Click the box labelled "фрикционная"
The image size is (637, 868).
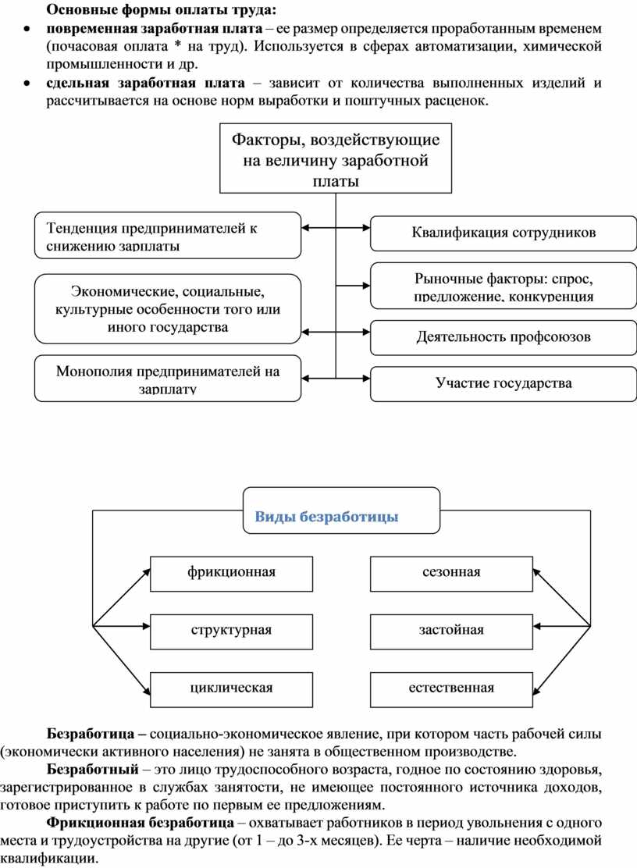click(x=231, y=573)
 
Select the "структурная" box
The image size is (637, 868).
click(x=231, y=630)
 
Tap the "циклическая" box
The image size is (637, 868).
click(x=231, y=688)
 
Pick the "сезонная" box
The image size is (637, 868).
click(x=451, y=573)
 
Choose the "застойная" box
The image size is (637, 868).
click(x=451, y=630)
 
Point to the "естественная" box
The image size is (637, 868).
click(x=451, y=688)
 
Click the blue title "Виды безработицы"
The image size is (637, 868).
click(x=327, y=517)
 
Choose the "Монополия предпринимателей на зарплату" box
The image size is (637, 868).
click(x=168, y=379)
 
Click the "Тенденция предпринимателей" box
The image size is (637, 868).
click(x=168, y=235)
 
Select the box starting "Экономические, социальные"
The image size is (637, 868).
click(x=168, y=309)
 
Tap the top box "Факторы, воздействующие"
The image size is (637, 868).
click(x=336, y=158)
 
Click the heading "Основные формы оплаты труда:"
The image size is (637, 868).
click(x=161, y=10)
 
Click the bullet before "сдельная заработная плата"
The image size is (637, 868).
click(x=27, y=84)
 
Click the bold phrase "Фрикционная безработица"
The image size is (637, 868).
click(x=140, y=823)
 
